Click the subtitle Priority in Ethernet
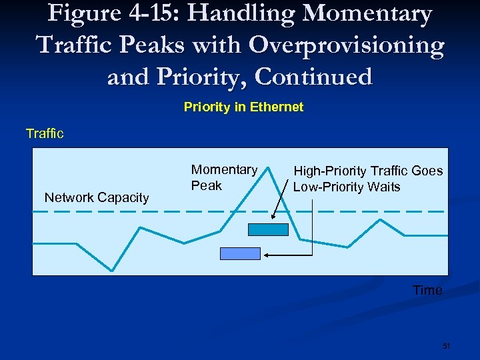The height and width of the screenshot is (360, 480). click(x=243, y=107)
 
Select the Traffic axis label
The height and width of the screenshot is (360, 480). click(x=45, y=133)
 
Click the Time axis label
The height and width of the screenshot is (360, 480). click(x=427, y=290)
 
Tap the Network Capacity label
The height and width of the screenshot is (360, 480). click(x=97, y=197)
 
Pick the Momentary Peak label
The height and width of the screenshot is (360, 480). click(x=223, y=177)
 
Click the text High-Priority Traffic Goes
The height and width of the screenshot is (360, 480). click(x=368, y=171)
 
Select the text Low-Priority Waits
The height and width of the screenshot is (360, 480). click(x=347, y=187)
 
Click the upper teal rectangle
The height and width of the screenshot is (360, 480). click(x=268, y=229)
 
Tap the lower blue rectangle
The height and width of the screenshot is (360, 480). click(x=240, y=253)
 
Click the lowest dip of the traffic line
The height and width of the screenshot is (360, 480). click(x=112, y=270)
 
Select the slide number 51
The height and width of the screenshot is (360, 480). click(x=447, y=346)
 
